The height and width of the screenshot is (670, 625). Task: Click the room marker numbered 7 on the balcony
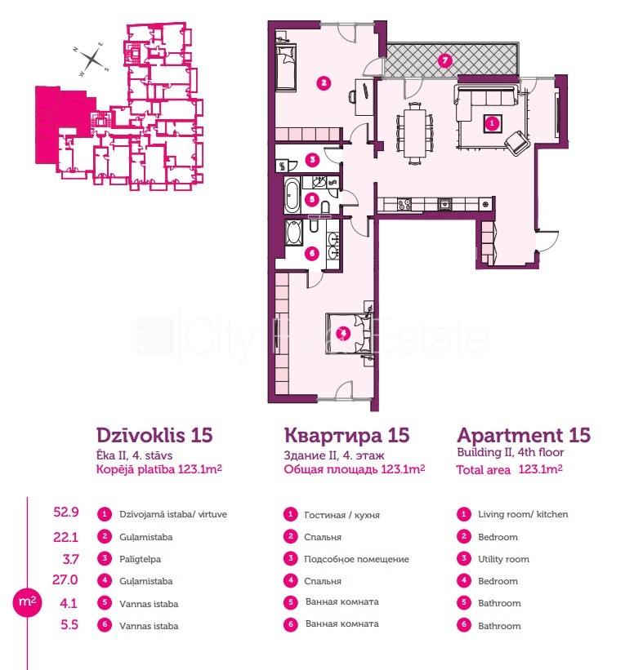(x=445, y=60)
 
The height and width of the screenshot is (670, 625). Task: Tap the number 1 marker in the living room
(x=492, y=123)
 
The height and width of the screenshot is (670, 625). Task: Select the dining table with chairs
(x=414, y=133)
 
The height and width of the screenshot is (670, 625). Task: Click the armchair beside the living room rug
(x=517, y=142)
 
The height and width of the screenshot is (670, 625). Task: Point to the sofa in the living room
(x=485, y=101)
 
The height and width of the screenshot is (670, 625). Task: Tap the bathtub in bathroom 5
(x=292, y=195)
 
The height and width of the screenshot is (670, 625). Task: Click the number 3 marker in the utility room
(x=312, y=160)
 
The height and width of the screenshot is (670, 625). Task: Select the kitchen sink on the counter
(x=445, y=204)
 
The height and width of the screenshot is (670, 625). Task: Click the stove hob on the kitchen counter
(x=404, y=204)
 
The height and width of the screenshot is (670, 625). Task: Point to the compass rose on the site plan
(x=92, y=60)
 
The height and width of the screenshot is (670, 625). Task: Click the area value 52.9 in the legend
(x=66, y=512)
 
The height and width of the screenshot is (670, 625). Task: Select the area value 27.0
(x=65, y=580)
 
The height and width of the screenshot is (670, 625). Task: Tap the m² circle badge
(x=27, y=601)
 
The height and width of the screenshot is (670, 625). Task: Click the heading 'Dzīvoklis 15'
(x=154, y=436)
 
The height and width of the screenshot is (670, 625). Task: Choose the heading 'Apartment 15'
(x=524, y=436)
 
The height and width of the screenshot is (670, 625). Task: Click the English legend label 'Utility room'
(x=503, y=559)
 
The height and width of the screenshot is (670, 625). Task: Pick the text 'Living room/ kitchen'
(x=523, y=514)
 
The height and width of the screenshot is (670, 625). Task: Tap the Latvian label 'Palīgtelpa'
(x=140, y=559)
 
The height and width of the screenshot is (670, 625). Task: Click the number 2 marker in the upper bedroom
(x=324, y=83)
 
